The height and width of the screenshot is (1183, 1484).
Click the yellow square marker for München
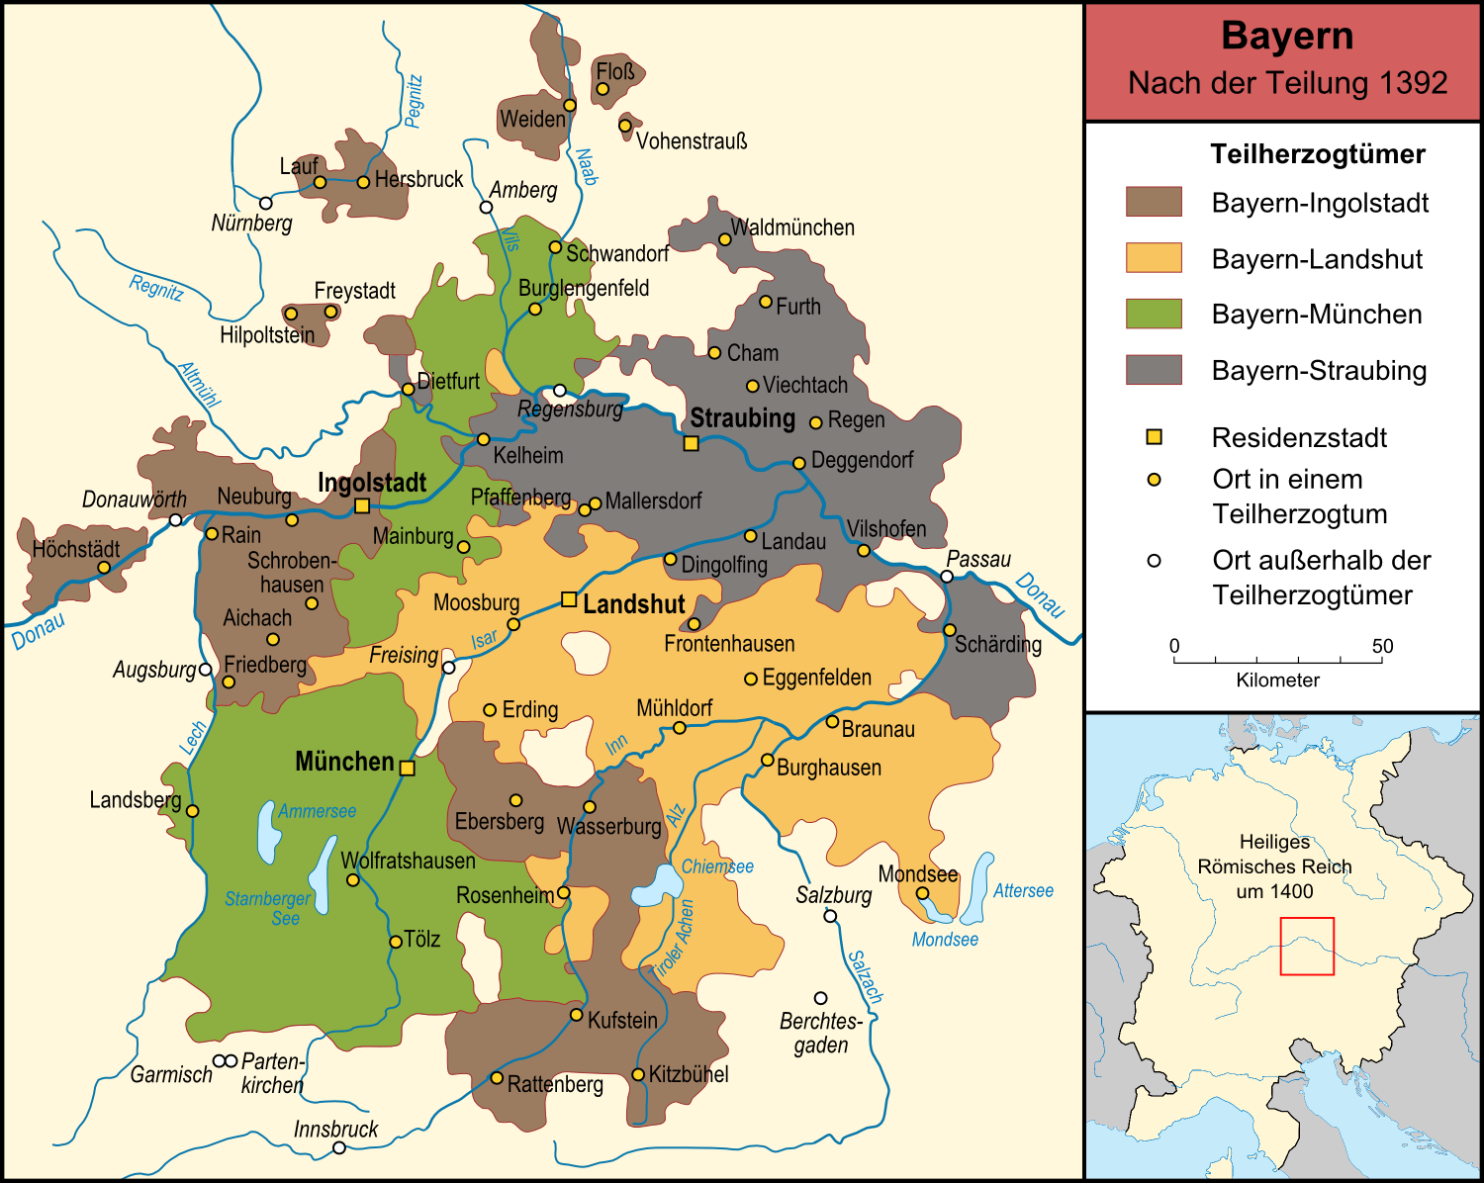click(407, 768)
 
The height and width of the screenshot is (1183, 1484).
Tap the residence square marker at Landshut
click(569, 599)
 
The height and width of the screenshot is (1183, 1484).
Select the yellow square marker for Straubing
click(692, 443)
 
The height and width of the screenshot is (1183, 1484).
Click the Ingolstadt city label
click(372, 483)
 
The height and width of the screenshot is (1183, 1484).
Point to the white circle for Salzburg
click(830, 916)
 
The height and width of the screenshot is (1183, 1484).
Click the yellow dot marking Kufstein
click(576, 1014)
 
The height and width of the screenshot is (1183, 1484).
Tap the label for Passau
click(978, 559)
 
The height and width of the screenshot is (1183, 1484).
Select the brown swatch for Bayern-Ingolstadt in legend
click(1154, 202)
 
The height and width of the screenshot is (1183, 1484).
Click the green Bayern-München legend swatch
click(1154, 314)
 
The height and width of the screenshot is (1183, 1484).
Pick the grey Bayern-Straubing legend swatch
click(1154, 370)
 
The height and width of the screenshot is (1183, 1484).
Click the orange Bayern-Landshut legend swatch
click(1154, 258)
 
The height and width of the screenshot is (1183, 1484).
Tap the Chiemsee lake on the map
click(653, 885)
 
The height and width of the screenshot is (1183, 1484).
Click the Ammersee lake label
click(317, 811)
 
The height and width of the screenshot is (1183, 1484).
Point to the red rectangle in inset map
click(1307, 946)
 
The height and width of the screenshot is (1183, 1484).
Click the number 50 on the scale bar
click(1381, 646)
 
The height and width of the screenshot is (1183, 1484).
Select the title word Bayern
click(1286, 36)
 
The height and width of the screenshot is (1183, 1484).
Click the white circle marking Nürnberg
click(265, 203)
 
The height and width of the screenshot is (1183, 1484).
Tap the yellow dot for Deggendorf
click(798, 463)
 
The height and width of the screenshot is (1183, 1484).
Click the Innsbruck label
click(335, 1129)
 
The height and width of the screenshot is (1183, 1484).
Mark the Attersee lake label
click(1023, 891)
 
